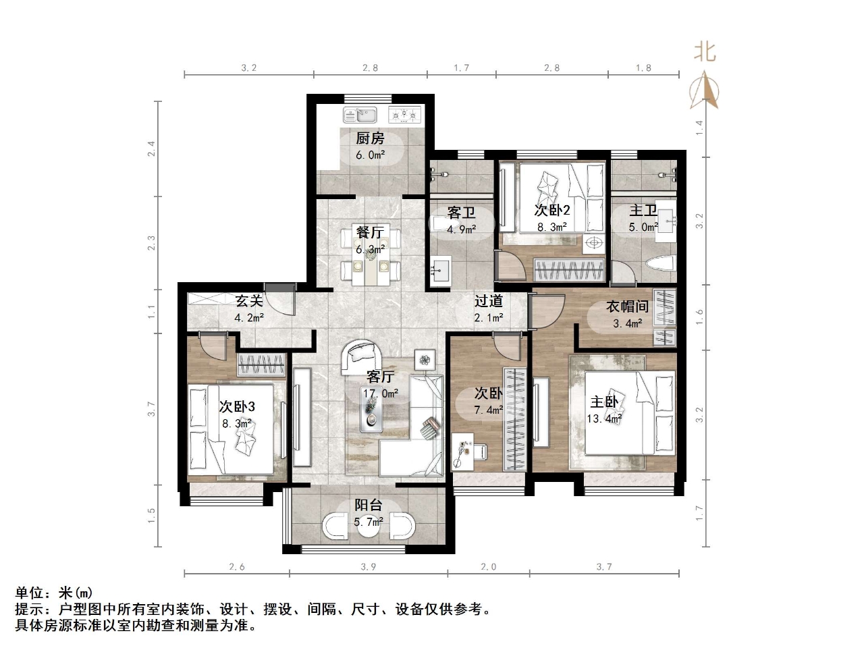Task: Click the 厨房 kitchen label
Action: click(370, 138)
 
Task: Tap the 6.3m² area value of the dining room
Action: click(370, 249)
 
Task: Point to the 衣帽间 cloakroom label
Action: click(626, 306)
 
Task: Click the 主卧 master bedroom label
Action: click(604, 402)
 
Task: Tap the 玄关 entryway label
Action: click(248, 300)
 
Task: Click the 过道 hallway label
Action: click(488, 301)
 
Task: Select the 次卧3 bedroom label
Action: click(237, 406)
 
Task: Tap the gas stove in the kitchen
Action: click(404, 115)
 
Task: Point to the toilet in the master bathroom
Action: click(660, 264)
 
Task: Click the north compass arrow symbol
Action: click(704, 92)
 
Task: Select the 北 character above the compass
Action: click(705, 52)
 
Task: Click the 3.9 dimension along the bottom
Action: click(368, 566)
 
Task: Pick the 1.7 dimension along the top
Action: click(462, 67)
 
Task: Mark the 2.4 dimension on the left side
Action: click(152, 148)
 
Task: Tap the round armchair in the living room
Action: click(362, 357)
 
